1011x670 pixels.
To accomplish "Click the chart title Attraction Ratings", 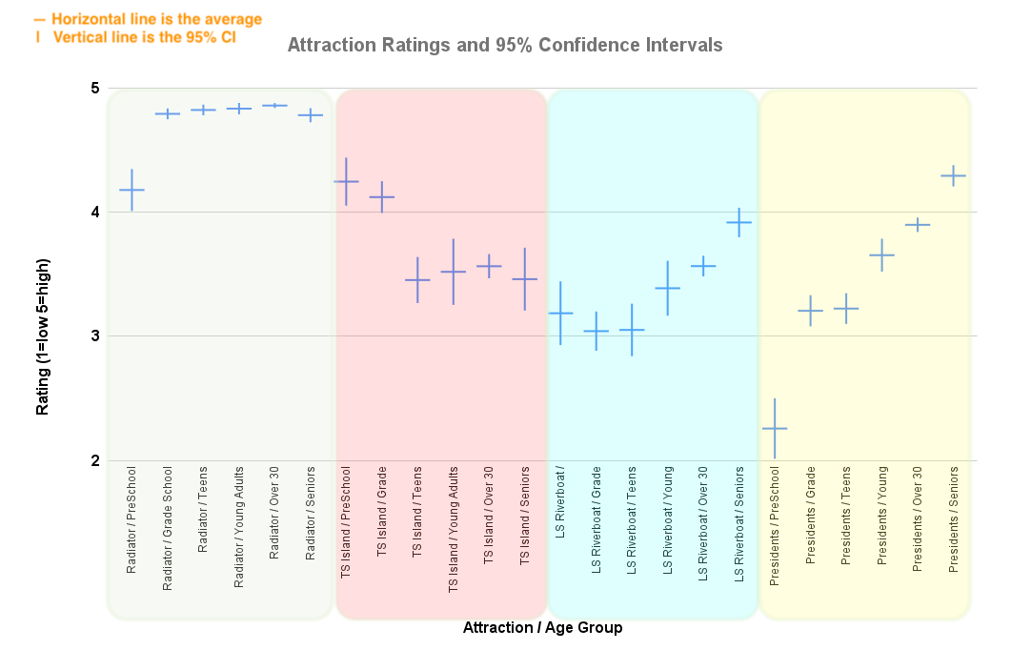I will point(505,45).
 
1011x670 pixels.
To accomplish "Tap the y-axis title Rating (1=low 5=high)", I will point(42,336).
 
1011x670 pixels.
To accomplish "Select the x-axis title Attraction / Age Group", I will point(542,627).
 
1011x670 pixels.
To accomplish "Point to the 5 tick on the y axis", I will point(95,89).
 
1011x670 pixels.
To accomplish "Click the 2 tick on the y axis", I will point(95,460).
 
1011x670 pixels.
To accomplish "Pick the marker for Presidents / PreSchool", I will point(775,429).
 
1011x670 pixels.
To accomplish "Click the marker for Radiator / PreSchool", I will point(131,190).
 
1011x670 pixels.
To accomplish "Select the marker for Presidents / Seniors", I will point(953,175).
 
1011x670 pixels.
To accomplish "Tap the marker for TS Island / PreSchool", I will point(346,181).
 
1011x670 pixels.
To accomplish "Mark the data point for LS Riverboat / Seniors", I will point(738,222).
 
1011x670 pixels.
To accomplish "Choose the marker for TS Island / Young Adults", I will point(454,272).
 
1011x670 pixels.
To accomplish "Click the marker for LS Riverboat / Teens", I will point(632,330).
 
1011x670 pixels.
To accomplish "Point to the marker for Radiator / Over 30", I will point(274,105).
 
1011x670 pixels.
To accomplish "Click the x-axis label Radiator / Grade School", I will point(168,528).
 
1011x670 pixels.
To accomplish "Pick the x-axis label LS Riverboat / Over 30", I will point(703,523).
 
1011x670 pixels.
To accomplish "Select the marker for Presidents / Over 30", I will point(918,225).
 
